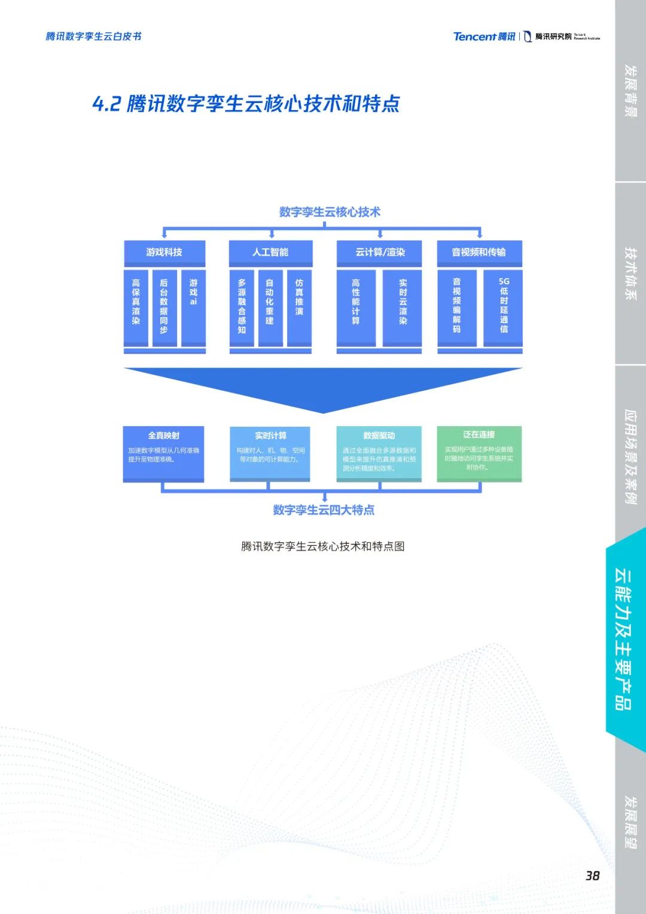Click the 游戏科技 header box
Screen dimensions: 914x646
point(164,253)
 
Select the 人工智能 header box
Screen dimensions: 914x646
point(270,253)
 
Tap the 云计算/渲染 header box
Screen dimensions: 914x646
point(379,253)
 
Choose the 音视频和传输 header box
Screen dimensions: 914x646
point(479,253)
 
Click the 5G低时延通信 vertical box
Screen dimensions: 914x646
point(503,307)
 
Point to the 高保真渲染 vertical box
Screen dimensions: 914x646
point(136,307)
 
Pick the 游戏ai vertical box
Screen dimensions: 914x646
point(193,307)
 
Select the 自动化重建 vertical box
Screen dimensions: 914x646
point(270,307)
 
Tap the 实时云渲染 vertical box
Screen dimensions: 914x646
point(403,307)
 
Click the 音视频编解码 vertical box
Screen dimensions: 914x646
point(457,307)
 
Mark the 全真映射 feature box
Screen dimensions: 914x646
point(163,453)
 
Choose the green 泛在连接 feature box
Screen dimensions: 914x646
point(479,453)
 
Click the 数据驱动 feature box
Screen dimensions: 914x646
point(379,453)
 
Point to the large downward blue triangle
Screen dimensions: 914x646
point(323,386)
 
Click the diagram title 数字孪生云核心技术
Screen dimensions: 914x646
point(330,212)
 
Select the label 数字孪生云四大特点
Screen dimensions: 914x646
point(324,510)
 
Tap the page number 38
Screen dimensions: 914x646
point(592,876)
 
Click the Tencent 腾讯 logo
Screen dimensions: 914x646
point(484,37)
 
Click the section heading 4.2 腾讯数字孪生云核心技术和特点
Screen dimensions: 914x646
point(246,104)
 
